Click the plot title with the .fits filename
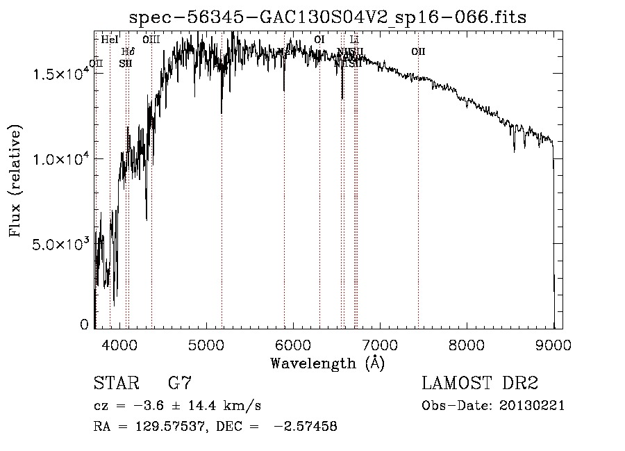coord(328,17)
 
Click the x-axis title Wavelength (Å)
coord(327,363)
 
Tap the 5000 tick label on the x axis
coord(207,344)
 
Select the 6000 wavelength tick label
coord(294,344)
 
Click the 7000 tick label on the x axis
coord(380,344)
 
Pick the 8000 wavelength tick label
coord(467,344)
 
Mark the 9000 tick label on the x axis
coord(553,344)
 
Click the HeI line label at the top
coord(110,40)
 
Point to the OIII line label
coord(151,40)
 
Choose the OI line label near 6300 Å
coord(319,40)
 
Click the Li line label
coord(354,40)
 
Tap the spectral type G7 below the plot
coord(180,384)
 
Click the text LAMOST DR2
coord(480,384)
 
